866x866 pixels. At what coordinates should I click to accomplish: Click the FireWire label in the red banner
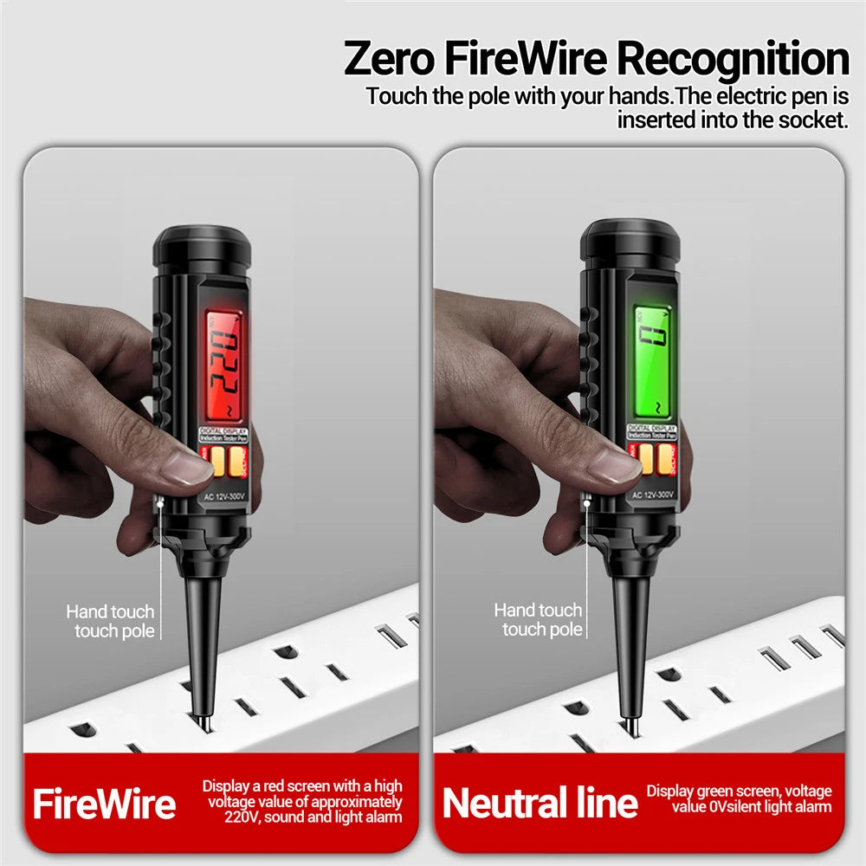pyautogui.click(x=104, y=804)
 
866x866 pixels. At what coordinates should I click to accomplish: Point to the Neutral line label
pyautogui.click(x=540, y=804)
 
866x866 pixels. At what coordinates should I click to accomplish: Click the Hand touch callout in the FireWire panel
pyautogui.click(x=111, y=622)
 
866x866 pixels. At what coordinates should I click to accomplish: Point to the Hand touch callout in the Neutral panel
pyautogui.click(x=539, y=619)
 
